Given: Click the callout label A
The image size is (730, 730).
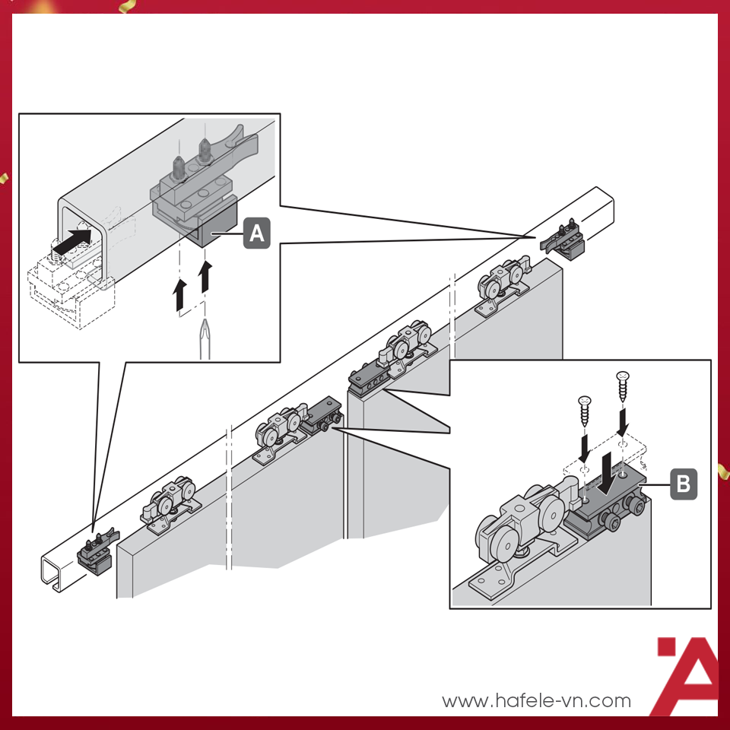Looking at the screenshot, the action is (256, 233).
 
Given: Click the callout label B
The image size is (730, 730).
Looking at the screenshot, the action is (684, 484).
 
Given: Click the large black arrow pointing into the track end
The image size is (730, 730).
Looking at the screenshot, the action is (73, 241).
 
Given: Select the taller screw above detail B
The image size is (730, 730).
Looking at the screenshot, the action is (623, 386).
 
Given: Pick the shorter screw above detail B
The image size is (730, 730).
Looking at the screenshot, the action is (584, 411).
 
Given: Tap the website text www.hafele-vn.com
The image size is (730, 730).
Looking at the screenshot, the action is (536, 700).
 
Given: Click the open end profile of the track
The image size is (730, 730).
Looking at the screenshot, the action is (51, 573).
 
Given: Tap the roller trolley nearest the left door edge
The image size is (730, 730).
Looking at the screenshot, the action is (170, 503).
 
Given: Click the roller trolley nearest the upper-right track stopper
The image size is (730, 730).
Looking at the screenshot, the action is (503, 285).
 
